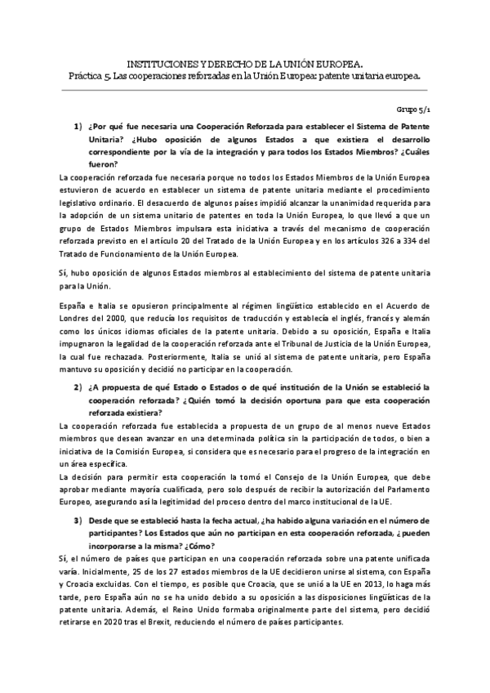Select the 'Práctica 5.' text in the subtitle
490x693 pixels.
click(91, 75)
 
